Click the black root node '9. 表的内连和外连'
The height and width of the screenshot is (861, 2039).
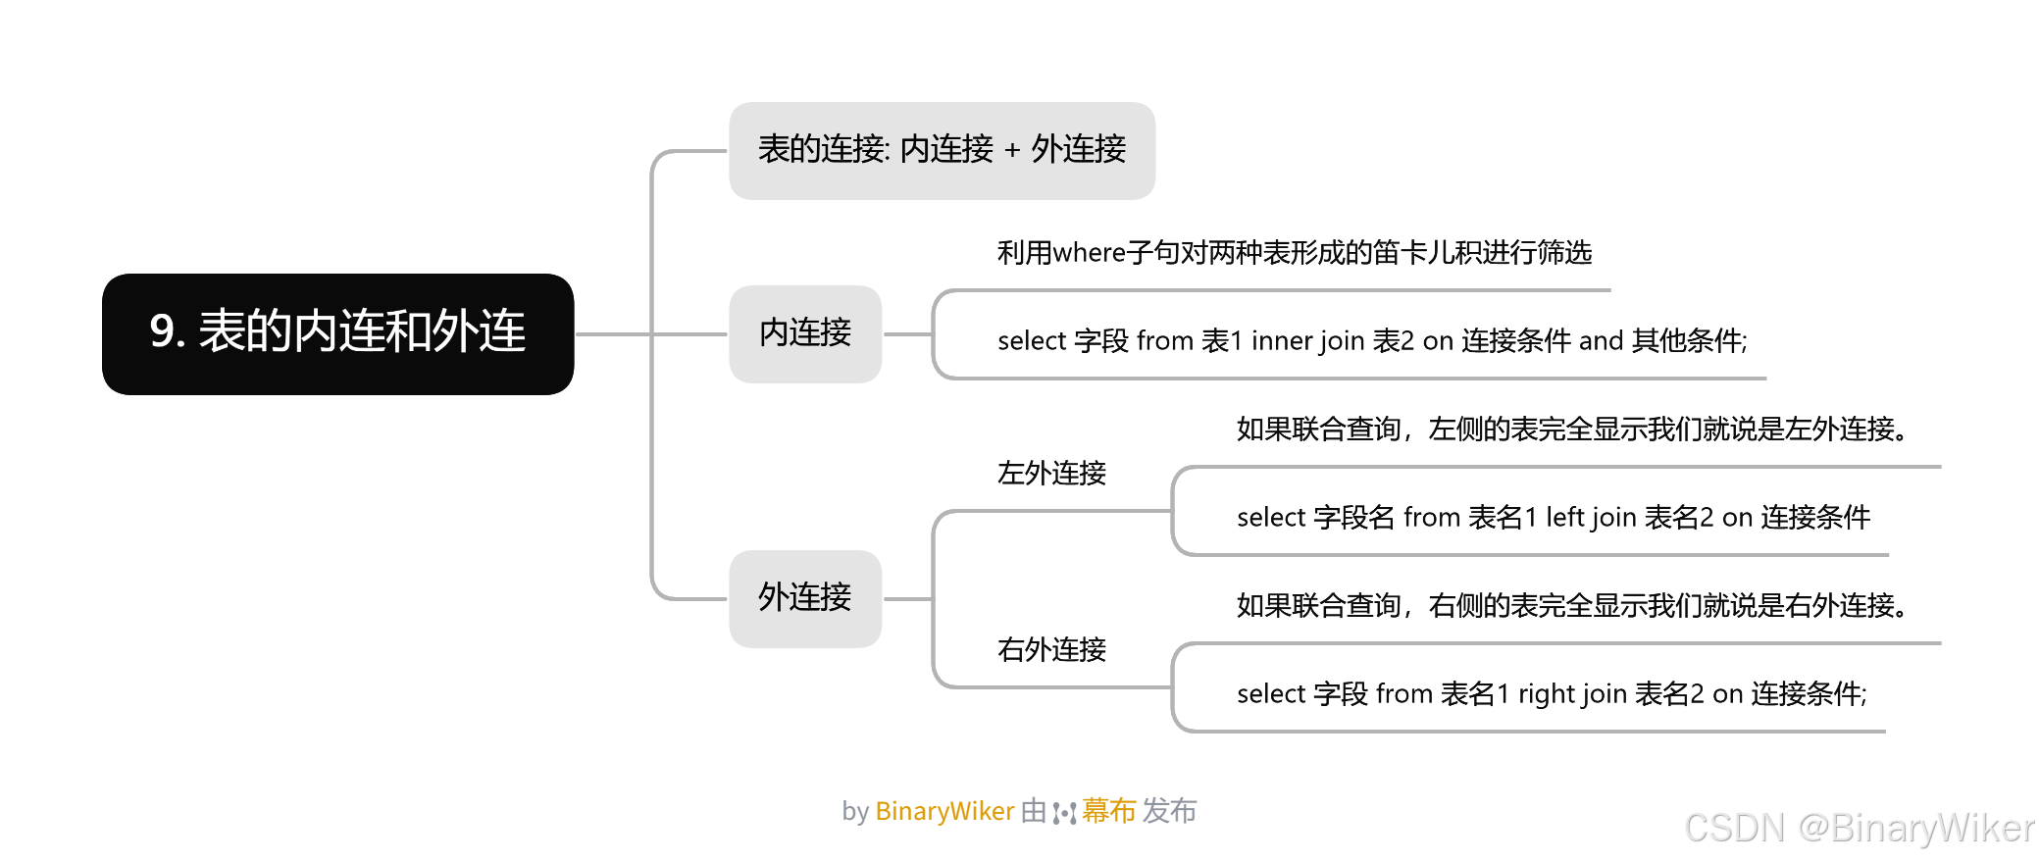pos(337,333)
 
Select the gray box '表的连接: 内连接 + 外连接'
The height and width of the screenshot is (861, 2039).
pos(942,150)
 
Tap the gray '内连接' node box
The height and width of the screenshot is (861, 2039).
pos(805,333)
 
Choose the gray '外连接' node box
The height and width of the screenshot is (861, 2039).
pos(805,598)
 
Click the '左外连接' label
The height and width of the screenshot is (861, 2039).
pos(1051,474)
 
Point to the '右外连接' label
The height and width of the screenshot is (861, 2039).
pos(1051,650)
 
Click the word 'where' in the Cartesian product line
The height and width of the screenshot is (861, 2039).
pos(1089,253)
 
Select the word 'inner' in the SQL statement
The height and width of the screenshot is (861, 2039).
pos(1281,341)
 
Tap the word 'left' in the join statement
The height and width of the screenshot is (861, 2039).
pos(1564,518)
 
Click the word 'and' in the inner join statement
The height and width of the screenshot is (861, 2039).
pos(1601,341)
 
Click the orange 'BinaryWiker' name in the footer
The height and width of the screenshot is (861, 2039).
pos(944,812)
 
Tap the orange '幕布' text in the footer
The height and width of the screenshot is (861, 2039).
pos(1109,812)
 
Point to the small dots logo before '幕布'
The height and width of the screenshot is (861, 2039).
pos(1064,813)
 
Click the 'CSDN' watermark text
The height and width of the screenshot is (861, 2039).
pos(1734,829)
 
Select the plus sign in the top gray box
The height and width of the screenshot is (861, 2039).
pos(1012,151)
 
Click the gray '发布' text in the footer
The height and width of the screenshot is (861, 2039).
pos(1169,812)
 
